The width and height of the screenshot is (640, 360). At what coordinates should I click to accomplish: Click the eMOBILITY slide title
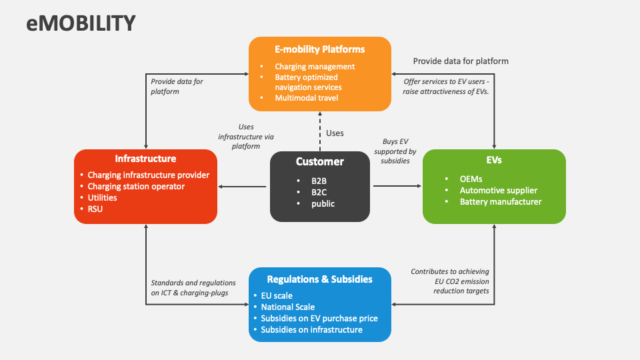point(81,23)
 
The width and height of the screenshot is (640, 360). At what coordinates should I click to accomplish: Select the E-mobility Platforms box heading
point(320,49)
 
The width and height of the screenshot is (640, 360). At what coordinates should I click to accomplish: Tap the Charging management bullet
point(315,67)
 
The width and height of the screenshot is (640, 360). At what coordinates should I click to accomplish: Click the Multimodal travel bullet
point(307,98)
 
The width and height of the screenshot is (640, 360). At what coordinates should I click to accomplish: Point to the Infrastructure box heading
point(145,159)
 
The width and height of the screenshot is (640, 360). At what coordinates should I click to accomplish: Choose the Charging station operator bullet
point(136,187)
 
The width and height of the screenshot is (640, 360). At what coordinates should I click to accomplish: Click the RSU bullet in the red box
point(96,209)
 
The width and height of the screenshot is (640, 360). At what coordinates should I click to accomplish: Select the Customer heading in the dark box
point(320,161)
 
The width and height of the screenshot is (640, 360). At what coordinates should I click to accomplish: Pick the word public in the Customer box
point(323,204)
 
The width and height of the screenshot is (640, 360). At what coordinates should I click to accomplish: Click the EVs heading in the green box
point(494,160)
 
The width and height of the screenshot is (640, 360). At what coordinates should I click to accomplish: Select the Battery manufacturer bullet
point(501,201)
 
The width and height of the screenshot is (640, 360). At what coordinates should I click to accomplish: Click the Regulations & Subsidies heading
point(319,279)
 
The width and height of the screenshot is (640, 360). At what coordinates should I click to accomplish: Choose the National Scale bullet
point(287,307)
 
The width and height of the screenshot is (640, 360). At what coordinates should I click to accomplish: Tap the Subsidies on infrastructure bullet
point(311,329)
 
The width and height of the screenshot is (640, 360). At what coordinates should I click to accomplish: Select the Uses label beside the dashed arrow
point(335,133)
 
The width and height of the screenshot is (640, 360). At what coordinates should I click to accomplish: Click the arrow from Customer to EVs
point(396,187)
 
